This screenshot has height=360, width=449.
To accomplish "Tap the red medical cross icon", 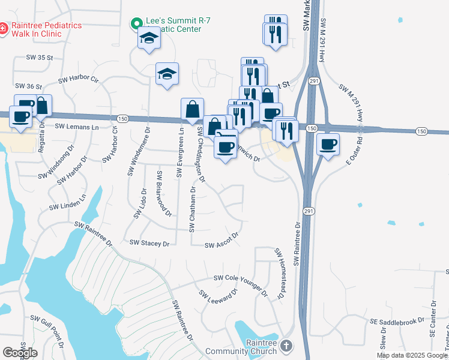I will point(3,28).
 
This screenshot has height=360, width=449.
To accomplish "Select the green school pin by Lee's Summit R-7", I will point(136,24).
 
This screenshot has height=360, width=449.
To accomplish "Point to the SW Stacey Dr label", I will point(150,243).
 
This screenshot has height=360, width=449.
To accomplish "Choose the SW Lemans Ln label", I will point(76,127).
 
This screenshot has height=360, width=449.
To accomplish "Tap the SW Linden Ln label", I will point(68,202).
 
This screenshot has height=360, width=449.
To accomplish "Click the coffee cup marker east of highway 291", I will point(328,144).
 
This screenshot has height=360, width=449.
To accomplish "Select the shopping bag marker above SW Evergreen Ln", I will point(192,110).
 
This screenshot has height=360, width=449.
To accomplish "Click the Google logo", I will point(20,353).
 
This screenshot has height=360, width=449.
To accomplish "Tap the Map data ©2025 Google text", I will point(412,355).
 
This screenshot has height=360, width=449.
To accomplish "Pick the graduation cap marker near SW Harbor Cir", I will point(167,74).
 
